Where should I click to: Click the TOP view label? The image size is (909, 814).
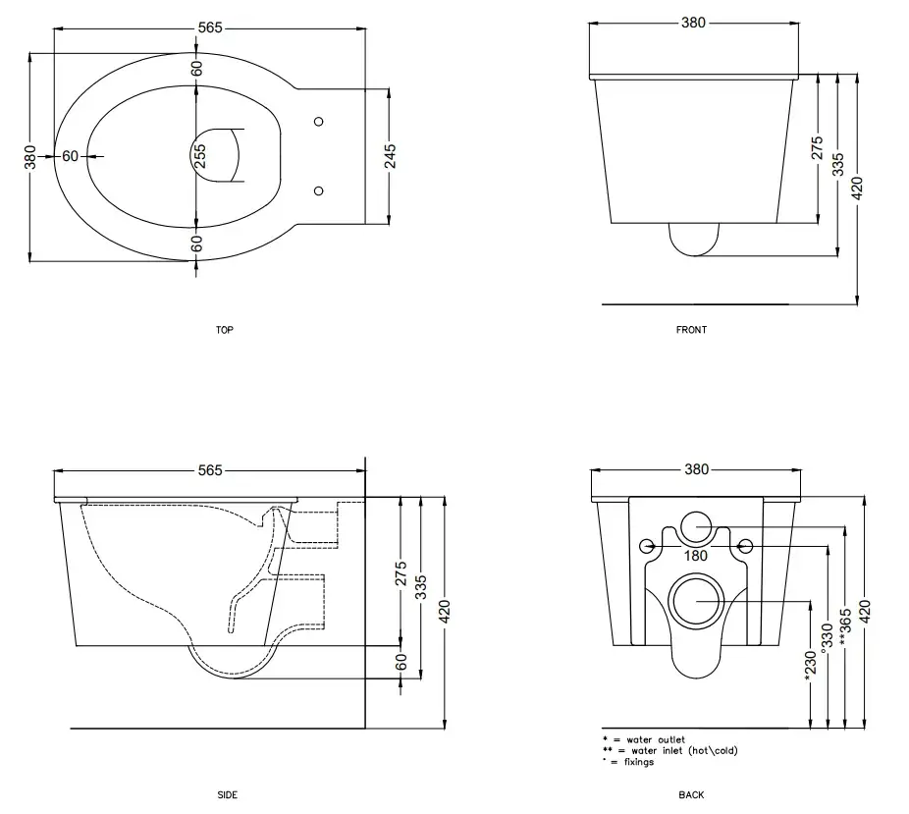tap(225, 330)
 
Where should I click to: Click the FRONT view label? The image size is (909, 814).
tap(691, 330)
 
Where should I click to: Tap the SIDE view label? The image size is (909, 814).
tap(228, 795)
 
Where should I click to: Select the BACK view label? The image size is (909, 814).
tap(691, 795)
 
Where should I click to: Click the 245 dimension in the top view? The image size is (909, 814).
tap(391, 156)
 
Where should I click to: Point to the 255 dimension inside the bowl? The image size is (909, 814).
tap(199, 156)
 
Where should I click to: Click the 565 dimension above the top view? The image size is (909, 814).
tap(210, 27)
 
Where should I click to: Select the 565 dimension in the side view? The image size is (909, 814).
tap(210, 470)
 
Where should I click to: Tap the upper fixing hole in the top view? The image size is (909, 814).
tap(318, 122)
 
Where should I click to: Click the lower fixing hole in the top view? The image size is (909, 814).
tap(318, 190)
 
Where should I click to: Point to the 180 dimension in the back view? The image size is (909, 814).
tap(696, 556)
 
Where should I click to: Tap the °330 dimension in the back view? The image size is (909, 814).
tap(828, 635)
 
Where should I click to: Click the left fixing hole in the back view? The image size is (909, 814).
tap(646, 546)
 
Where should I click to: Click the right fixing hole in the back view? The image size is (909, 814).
tap(745, 546)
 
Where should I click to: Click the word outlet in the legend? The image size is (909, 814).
tap(671, 739)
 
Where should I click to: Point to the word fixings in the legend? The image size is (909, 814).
tap(639, 762)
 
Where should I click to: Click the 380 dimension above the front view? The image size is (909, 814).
tap(693, 23)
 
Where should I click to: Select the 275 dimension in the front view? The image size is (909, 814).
tap(817, 148)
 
